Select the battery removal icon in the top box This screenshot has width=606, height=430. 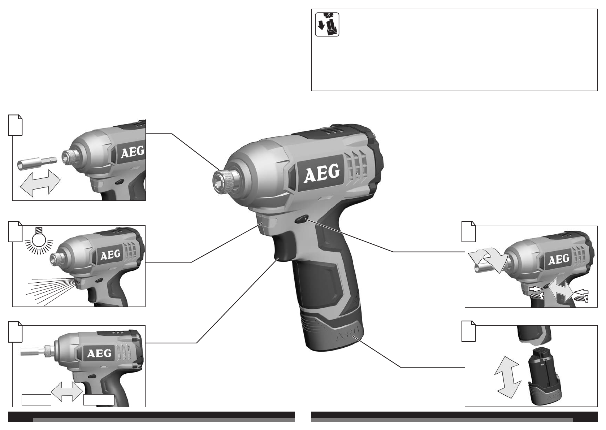coord(327,24)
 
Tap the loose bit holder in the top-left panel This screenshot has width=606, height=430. coord(37,161)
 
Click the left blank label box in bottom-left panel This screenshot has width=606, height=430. coord(36,400)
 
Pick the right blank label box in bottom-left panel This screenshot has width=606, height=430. coord(99,400)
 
